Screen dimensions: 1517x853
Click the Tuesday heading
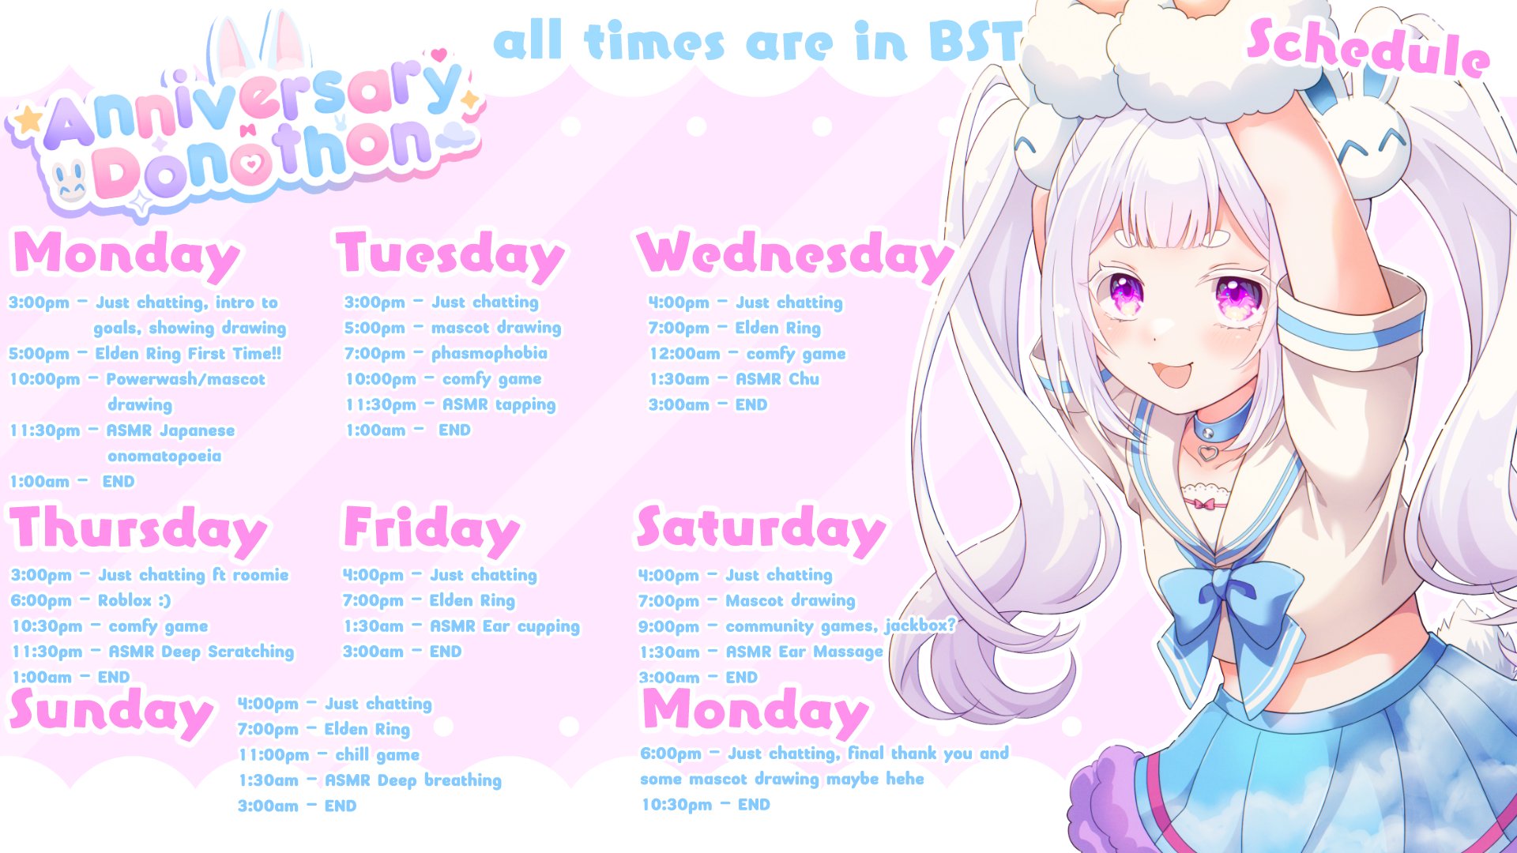point(451,255)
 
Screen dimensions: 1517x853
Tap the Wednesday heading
point(796,255)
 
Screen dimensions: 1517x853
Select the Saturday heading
point(761,528)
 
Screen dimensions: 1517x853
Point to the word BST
point(976,41)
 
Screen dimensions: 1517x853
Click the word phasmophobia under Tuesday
point(489,354)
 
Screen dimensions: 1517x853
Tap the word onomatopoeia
point(164,457)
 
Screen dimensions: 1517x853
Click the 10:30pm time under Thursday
point(47,626)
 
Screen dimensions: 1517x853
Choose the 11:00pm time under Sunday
point(274,755)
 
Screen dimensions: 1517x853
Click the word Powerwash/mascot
point(186,380)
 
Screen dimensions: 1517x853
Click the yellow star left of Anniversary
point(29,120)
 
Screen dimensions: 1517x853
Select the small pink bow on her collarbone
point(1204,503)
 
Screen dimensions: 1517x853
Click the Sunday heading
point(111,712)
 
